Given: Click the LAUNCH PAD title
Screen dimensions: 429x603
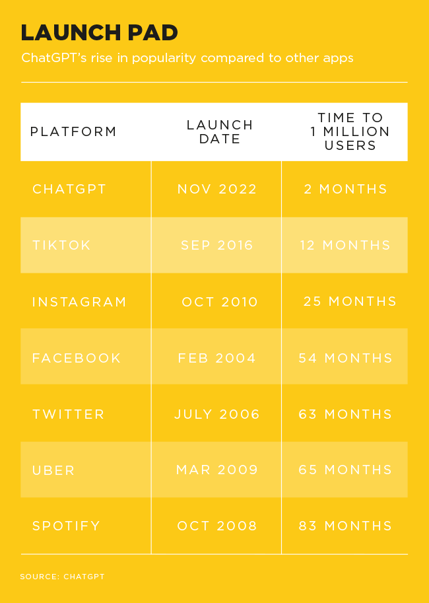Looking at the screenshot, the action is point(99,32).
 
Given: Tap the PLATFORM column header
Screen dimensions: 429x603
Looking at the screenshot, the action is point(73,131).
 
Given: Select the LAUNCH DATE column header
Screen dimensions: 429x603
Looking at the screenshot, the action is point(220,131).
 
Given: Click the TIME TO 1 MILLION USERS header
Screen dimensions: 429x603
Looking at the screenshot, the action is point(350,131).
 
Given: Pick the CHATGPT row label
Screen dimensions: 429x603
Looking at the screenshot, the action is point(69,189).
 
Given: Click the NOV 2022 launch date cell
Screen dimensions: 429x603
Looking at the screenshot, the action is point(217,189).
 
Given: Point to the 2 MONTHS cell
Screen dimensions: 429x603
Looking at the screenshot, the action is point(346,189).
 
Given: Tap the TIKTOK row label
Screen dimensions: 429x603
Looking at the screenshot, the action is point(61,245).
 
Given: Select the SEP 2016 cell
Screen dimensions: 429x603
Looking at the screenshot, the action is point(217,245).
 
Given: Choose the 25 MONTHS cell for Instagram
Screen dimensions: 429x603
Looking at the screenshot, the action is point(350,301).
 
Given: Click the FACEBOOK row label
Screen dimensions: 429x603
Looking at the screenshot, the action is point(77,358).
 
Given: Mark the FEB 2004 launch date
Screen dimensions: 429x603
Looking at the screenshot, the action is point(216,358).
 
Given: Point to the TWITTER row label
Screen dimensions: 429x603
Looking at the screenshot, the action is point(69,414).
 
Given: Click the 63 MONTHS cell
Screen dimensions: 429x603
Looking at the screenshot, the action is point(345,414).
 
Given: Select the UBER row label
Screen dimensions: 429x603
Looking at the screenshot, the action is point(53,470).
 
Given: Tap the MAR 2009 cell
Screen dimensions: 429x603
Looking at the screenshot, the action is point(217,470).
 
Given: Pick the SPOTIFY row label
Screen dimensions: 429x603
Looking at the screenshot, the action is point(66,526).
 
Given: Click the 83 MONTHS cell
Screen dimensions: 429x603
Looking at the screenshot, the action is point(345,526).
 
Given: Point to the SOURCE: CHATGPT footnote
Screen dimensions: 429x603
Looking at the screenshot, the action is point(62,577).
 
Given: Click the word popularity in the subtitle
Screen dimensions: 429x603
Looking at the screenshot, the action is point(164,59).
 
